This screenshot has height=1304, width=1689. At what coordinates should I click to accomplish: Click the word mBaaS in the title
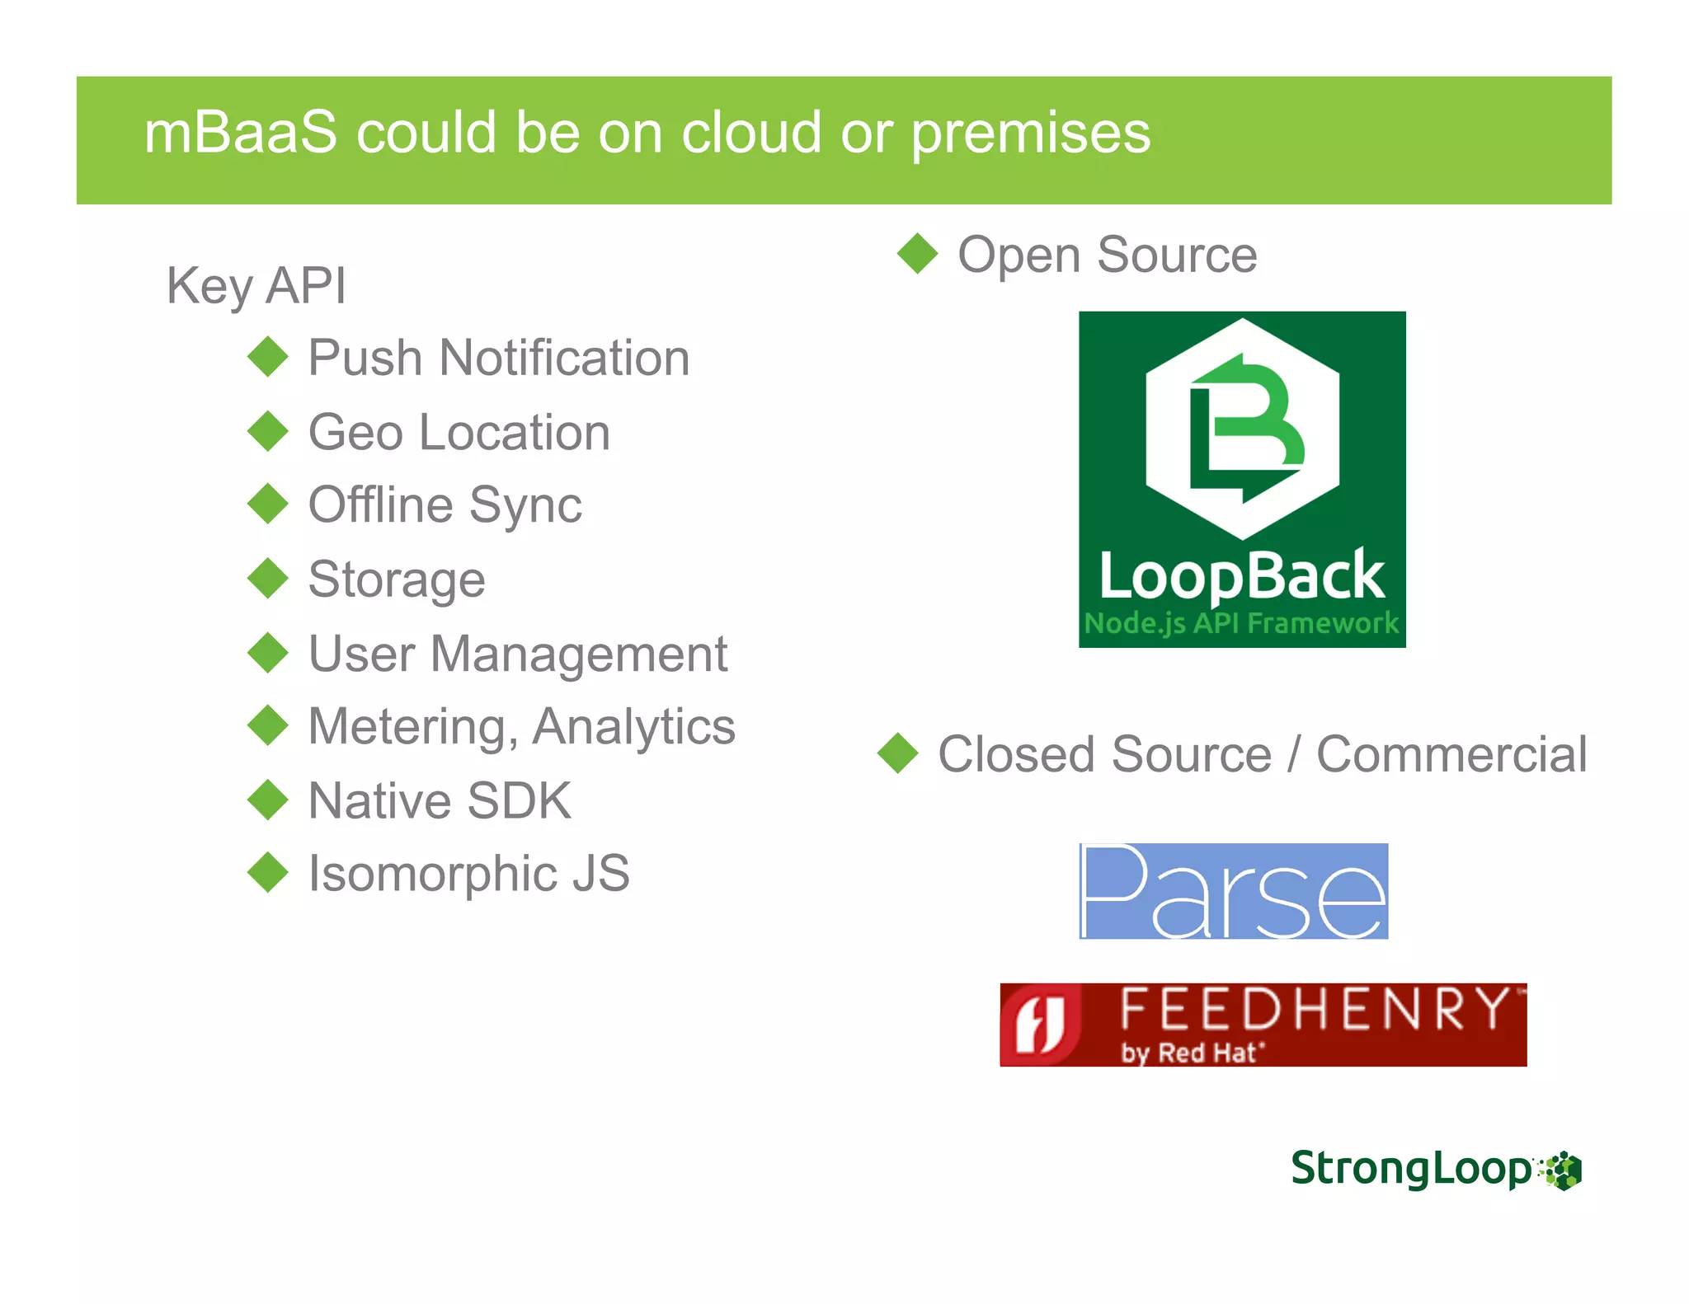pyautogui.click(x=240, y=133)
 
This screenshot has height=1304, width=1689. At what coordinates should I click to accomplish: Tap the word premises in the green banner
pyautogui.click(x=1030, y=133)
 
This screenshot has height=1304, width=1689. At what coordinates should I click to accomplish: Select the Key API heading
pyautogui.click(x=256, y=286)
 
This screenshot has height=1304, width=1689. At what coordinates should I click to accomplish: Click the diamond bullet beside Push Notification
pyautogui.click(x=268, y=357)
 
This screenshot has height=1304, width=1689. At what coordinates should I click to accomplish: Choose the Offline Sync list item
pyautogui.click(x=445, y=504)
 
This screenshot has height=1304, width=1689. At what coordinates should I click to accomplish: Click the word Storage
pyautogui.click(x=397, y=579)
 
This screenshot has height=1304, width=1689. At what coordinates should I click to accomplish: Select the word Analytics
pyautogui.click(x=633, y=727)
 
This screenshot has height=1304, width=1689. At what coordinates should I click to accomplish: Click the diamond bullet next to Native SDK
pyautogui.click(x=268, y=800)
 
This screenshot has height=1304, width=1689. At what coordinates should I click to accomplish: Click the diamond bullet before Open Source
pyautogui.click(x=917, y=253)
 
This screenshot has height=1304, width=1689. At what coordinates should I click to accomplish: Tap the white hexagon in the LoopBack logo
pyautogui.click(x=1242, y=429)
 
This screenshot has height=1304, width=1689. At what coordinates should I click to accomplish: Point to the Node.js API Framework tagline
pyautogui.click(x=1242, y=623)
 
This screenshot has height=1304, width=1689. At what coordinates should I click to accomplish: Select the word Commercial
pyautogui.click(x=1451, y=754)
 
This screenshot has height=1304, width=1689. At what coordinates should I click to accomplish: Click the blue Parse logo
pyautogui.click(x=1234, y=891)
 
